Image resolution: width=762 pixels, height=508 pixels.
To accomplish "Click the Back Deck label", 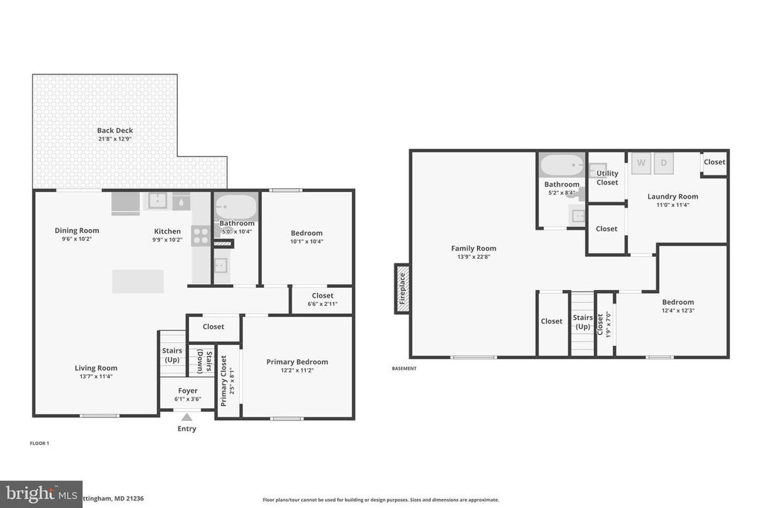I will coord(115,131).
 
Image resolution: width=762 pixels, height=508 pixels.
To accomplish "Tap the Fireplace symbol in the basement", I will coord(402,289).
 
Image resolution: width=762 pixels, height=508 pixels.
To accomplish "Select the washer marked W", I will coord(641,162).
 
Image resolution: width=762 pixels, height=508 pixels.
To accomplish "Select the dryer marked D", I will coord(664,162).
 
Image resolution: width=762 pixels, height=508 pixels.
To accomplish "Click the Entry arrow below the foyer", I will coord(187,418).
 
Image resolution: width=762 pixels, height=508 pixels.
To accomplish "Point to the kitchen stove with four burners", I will coord(201,236).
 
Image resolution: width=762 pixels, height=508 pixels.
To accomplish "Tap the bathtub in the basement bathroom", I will coord(562,164).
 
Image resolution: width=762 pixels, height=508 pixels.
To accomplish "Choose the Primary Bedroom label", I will coord(297,362).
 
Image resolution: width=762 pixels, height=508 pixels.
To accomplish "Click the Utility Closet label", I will coord(607,178).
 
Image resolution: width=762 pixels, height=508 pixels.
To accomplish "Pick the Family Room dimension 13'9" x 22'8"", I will coord(473,257).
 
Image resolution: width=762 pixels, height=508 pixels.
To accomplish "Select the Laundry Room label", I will coord(672,196).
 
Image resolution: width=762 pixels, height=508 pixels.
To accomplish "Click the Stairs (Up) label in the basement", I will coord(583,322).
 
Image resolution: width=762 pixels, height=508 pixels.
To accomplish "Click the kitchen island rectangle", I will coord(138,281).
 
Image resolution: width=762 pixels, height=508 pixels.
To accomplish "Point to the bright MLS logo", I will coord(41,494).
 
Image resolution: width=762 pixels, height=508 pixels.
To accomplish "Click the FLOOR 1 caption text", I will coord(39,443).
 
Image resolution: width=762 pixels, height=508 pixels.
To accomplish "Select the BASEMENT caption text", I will coord(404,368).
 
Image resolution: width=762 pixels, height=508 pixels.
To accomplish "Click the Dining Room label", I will coord(77,231).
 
